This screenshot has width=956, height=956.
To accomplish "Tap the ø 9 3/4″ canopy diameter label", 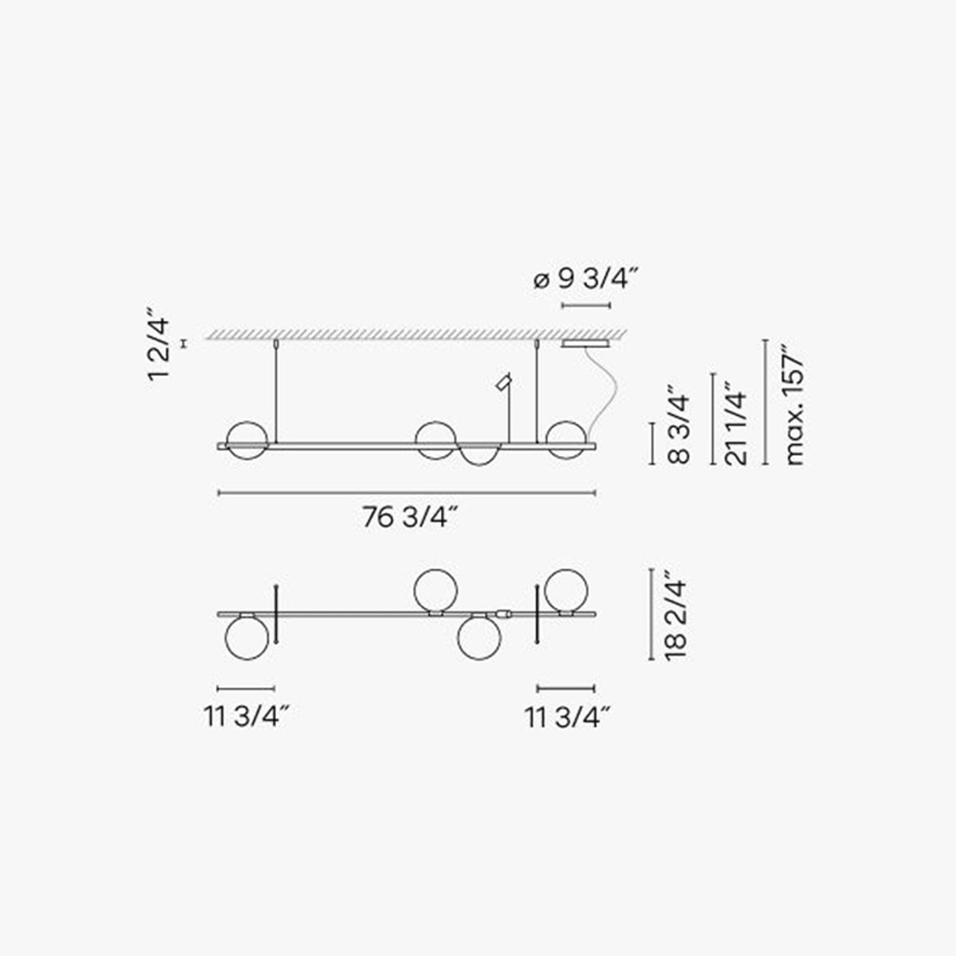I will point(586,280).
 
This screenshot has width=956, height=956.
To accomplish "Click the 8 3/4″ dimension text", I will point(679,428).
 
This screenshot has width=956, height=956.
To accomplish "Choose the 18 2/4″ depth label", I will point(676,615).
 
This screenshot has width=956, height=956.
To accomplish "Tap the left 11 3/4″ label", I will point(247,717).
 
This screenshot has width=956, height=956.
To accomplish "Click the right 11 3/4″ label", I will point(568,717).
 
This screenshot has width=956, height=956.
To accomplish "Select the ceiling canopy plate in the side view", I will point(586,344).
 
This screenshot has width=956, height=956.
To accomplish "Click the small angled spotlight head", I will point(504,382).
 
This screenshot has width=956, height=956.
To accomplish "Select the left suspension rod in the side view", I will point(275,394).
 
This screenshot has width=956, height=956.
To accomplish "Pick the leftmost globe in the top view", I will point(247,638).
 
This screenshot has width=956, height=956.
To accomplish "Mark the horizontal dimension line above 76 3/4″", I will point(407,492).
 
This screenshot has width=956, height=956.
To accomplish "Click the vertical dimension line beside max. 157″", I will point(765,402).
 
